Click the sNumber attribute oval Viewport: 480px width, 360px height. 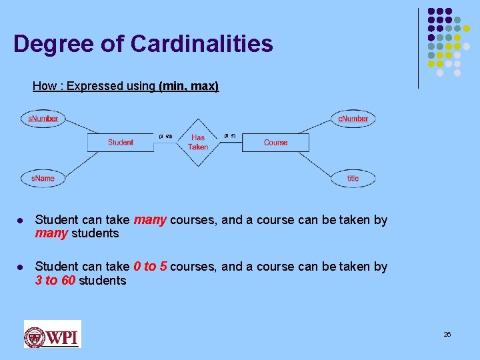tap(43, 119)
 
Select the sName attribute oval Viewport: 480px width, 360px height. tap(43, 179)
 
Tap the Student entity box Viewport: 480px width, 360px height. tap(121, 142)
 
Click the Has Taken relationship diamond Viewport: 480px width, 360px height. tap(198, 142)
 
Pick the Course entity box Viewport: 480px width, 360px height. tap(275, 142)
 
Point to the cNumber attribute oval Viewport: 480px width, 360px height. tap(353, 119)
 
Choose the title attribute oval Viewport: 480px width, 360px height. tap(353, 179)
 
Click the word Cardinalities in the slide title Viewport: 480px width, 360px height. tap(202, 44)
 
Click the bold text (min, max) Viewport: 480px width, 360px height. tap(189, 86)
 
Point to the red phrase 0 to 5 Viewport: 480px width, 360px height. tap(150, 267)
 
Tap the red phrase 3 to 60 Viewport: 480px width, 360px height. tap(55, 281)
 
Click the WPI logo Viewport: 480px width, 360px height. tap(52, 334)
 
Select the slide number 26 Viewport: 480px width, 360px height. tap(447, 334)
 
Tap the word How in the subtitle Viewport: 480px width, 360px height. tap(45, 86)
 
